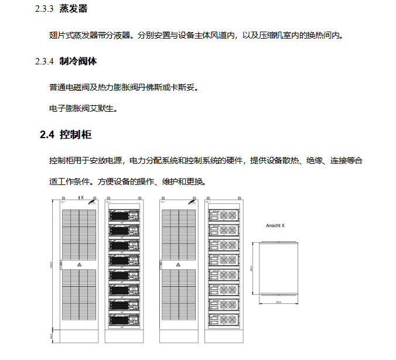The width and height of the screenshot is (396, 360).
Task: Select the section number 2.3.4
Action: [x=44, y=61]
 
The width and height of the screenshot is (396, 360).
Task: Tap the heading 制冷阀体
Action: [x=78, y=61]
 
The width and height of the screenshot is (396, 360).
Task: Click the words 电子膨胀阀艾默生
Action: [x=83, y=108]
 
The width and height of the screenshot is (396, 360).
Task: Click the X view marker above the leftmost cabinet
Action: [x=81, y=198]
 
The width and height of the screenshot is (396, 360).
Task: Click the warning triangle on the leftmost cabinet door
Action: [x=80, y=265]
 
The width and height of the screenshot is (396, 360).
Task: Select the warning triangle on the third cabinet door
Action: [x=178, y=265]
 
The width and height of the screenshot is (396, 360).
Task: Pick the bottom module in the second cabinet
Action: [x=123, y=320]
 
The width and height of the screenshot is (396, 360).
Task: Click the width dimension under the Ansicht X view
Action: [x=279, y=302]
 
